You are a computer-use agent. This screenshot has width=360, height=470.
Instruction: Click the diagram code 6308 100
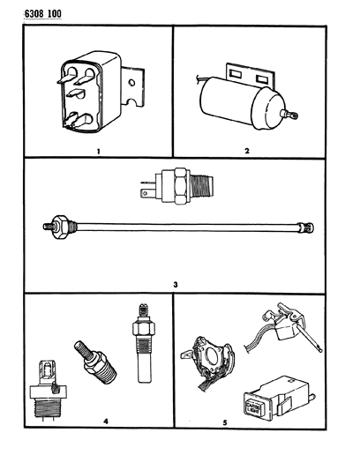pyautogui.click(x=42, y=14)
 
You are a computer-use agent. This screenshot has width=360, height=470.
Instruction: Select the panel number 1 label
pyautogui.click(x=98, y=152)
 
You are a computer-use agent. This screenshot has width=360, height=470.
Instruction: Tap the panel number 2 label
pyautogui.click(x=247, y=151)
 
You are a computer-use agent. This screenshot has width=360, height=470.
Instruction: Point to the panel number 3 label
pyautogui.click(x=176, y=284)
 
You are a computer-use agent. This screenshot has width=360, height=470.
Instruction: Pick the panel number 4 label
pyautogui.click(x=106, y=422)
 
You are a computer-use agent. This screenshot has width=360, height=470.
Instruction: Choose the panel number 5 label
pyautogui.click(x=225, y=422)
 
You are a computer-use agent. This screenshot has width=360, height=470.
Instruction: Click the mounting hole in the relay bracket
pyautogui.click(x=131, y=82)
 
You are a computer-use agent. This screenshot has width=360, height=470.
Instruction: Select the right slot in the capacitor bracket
pyautogui.click(x=262, y=79)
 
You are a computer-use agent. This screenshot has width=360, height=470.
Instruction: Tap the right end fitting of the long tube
pyautogui.click(x=305, y=228)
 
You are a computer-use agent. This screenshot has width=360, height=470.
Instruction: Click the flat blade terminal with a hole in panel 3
pyautogui.click(x=146, y=194)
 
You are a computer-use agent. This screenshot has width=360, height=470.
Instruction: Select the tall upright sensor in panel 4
pyautogui.click(x=144, y=343)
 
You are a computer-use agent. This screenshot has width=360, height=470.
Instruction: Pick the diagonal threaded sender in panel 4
pyautogui.click(x=95, y=362)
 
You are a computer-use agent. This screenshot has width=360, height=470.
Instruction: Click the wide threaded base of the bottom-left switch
pyautogui.click(x=48, y=407)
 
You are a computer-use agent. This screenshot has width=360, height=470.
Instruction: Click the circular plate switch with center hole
pyautogui.click(x=209, y=362)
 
